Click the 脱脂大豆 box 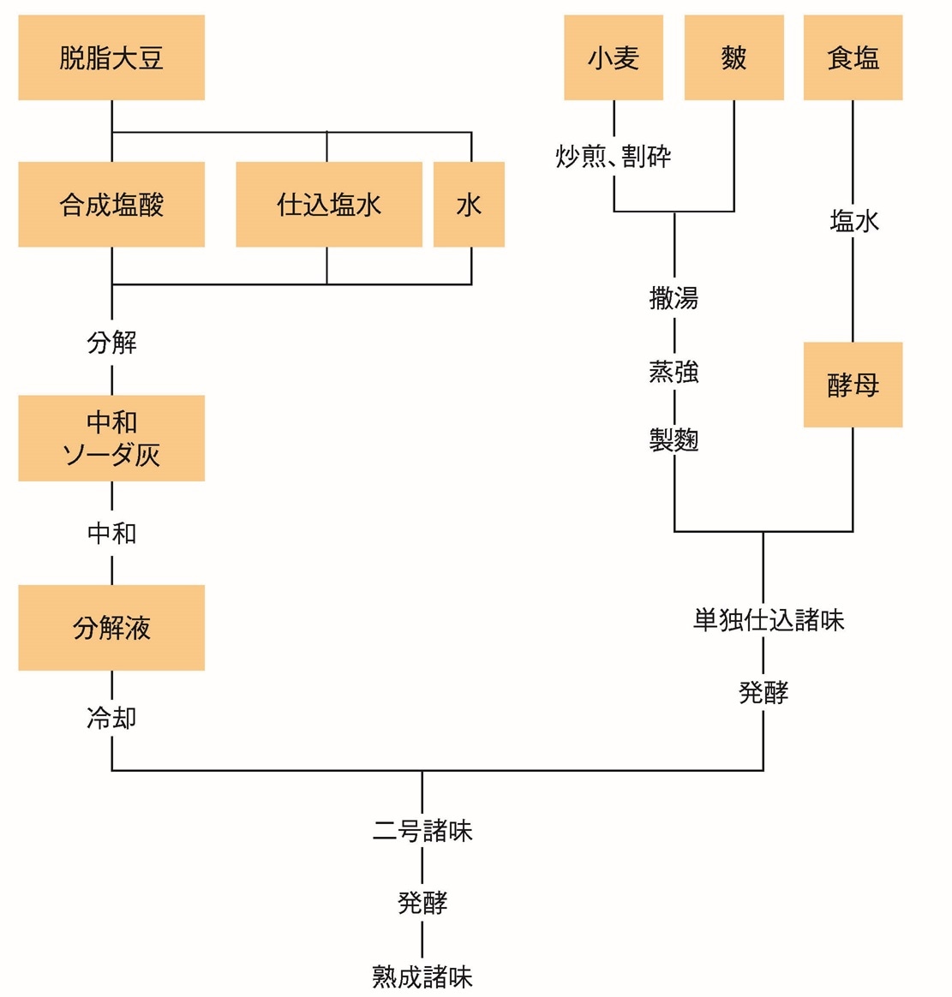coord(111,57)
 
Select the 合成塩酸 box coord(111,205)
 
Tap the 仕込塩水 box coord(329,205)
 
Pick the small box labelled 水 coord(469,205)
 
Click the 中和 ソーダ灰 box coord(111,438)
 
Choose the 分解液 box coord(111,628)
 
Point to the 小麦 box coord(614,57)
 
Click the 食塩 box coord(853,57)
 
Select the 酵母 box coord(853,385)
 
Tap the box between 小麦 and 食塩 coord(733,57)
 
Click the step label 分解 coord(111,343)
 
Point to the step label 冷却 coord(111,718)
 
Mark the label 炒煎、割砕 coord(614,157)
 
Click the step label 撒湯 coord(674,298)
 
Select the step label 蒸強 coord(674,372)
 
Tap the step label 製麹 coord(674,440)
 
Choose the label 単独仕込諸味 coord(769,620)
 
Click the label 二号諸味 coord(422,831)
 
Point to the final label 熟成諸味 coord(422,976)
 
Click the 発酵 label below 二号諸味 coord(422,903)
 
